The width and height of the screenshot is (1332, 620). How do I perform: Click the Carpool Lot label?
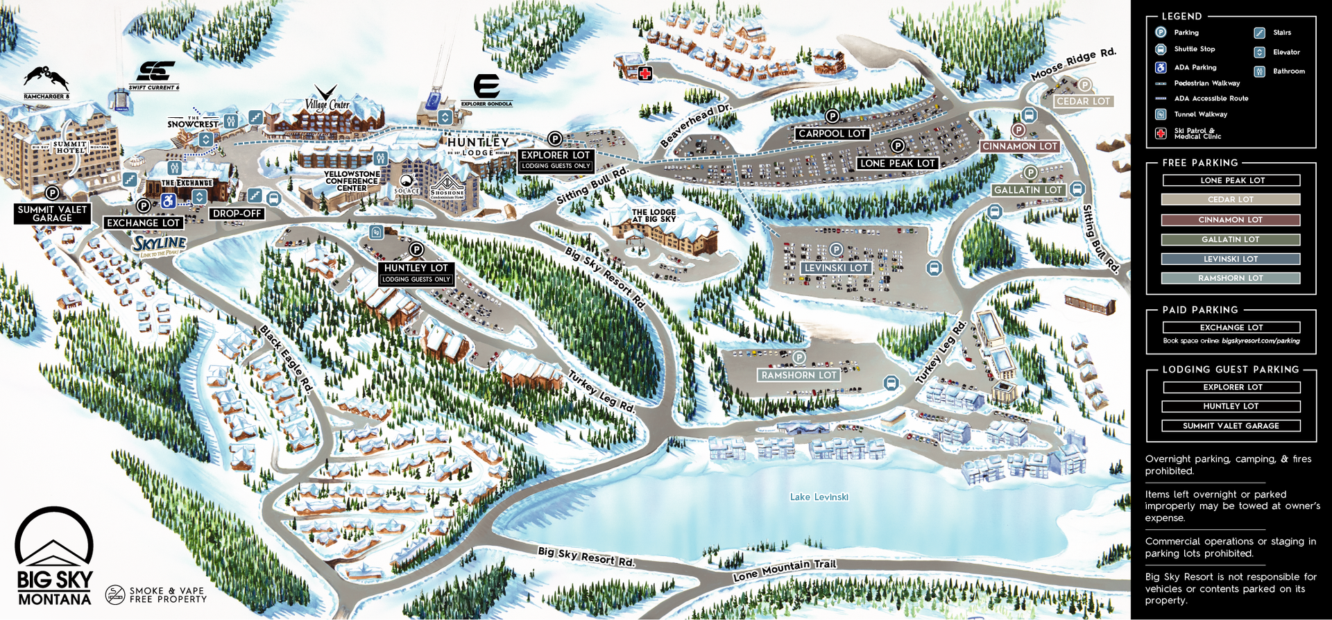click(x=832, y=133)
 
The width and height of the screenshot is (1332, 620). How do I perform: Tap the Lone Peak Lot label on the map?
click(x=898, y=164)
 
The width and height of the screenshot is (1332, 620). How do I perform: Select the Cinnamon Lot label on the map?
click(x=1019, y=146)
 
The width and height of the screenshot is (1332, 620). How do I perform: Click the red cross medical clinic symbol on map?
click(x=645, y=74)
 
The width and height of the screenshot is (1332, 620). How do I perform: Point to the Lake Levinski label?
click(x=819, y=497)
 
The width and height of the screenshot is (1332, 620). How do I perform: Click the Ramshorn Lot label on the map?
click(x=799, y=375)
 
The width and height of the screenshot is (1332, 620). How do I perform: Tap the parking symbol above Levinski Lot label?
click(x=836, y=250)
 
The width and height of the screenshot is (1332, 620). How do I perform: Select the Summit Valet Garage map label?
click(x=53, y=214)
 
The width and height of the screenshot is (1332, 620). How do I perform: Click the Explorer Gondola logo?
click(x=486, y=87)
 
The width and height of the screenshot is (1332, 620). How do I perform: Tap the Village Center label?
click(x=327, y=102)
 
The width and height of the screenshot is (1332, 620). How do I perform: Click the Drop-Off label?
click(x=237, y=214)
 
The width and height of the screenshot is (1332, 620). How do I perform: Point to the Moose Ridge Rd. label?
click(x=1073, y=64)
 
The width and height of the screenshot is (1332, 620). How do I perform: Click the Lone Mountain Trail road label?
click(x=785, y=570)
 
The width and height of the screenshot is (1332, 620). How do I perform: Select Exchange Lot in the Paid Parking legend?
click(x=1231, y=327)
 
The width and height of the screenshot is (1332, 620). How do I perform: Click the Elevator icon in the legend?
click(x=1260, y=52)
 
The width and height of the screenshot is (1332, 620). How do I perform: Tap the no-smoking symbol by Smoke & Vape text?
click(x=114, y=594)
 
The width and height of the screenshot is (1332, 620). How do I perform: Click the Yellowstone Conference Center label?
click(x=352, y=181)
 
